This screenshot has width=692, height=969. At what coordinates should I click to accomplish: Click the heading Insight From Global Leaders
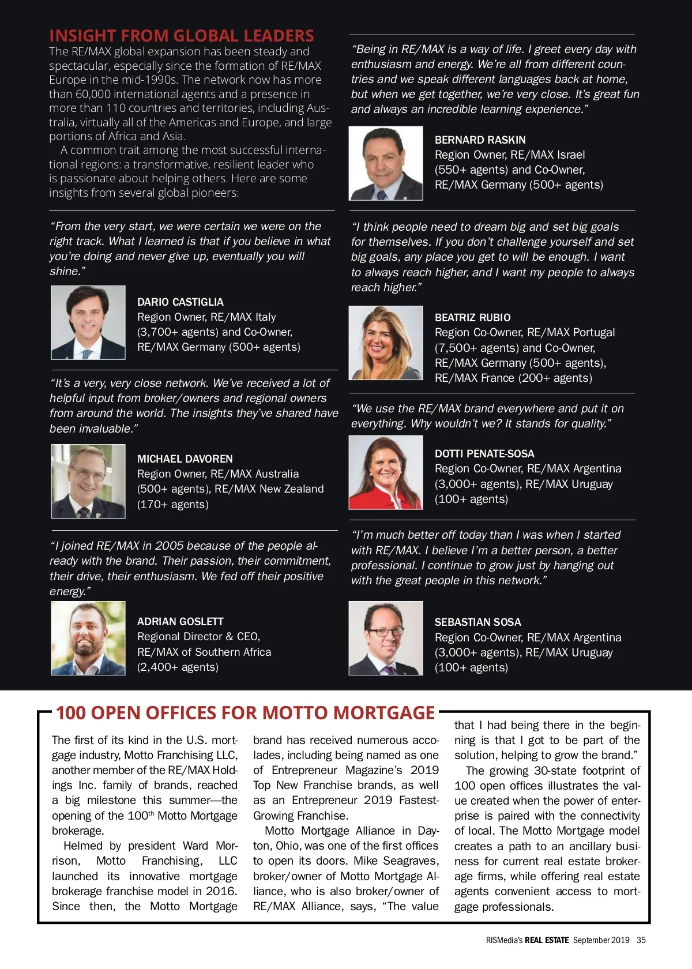(x=182, y=36)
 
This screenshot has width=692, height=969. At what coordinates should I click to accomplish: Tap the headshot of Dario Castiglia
(x=88, y=322)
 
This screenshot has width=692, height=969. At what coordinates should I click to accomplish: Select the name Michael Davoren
(x=185, y=459)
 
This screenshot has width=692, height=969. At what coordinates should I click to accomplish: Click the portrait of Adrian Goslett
(x=88, y=638)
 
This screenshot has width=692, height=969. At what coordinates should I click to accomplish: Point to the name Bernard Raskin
(x=480, y=140)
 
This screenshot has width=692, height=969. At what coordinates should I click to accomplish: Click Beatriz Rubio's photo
(x=386, y=343)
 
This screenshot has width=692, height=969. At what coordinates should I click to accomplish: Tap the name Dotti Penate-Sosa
(x=484, y=453)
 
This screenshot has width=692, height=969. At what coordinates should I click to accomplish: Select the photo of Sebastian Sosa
(x=386, y=638)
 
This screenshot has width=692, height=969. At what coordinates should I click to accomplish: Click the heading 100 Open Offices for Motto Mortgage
(x=245, y=713)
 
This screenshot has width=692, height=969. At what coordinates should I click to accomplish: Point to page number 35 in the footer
(x=641, y=940)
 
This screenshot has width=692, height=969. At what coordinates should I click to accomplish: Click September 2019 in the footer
(x=601, y=940)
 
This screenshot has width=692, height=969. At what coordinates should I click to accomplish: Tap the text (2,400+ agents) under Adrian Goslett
(x=178, y=667)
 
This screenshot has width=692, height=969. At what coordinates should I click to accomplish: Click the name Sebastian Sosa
(x=477, y=622)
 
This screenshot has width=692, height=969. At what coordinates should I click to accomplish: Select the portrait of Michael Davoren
(x=88, y=481)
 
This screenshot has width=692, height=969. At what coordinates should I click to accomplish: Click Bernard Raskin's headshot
(x=386, y=163)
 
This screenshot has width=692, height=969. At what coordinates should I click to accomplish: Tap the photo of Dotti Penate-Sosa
(x=386, y=472)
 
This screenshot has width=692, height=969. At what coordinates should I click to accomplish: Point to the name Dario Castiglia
(x=180, y=302)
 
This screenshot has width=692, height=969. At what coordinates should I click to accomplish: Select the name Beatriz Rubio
(x=472, y=317)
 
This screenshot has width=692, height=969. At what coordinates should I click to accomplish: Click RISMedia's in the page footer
(x=504, y=940)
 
